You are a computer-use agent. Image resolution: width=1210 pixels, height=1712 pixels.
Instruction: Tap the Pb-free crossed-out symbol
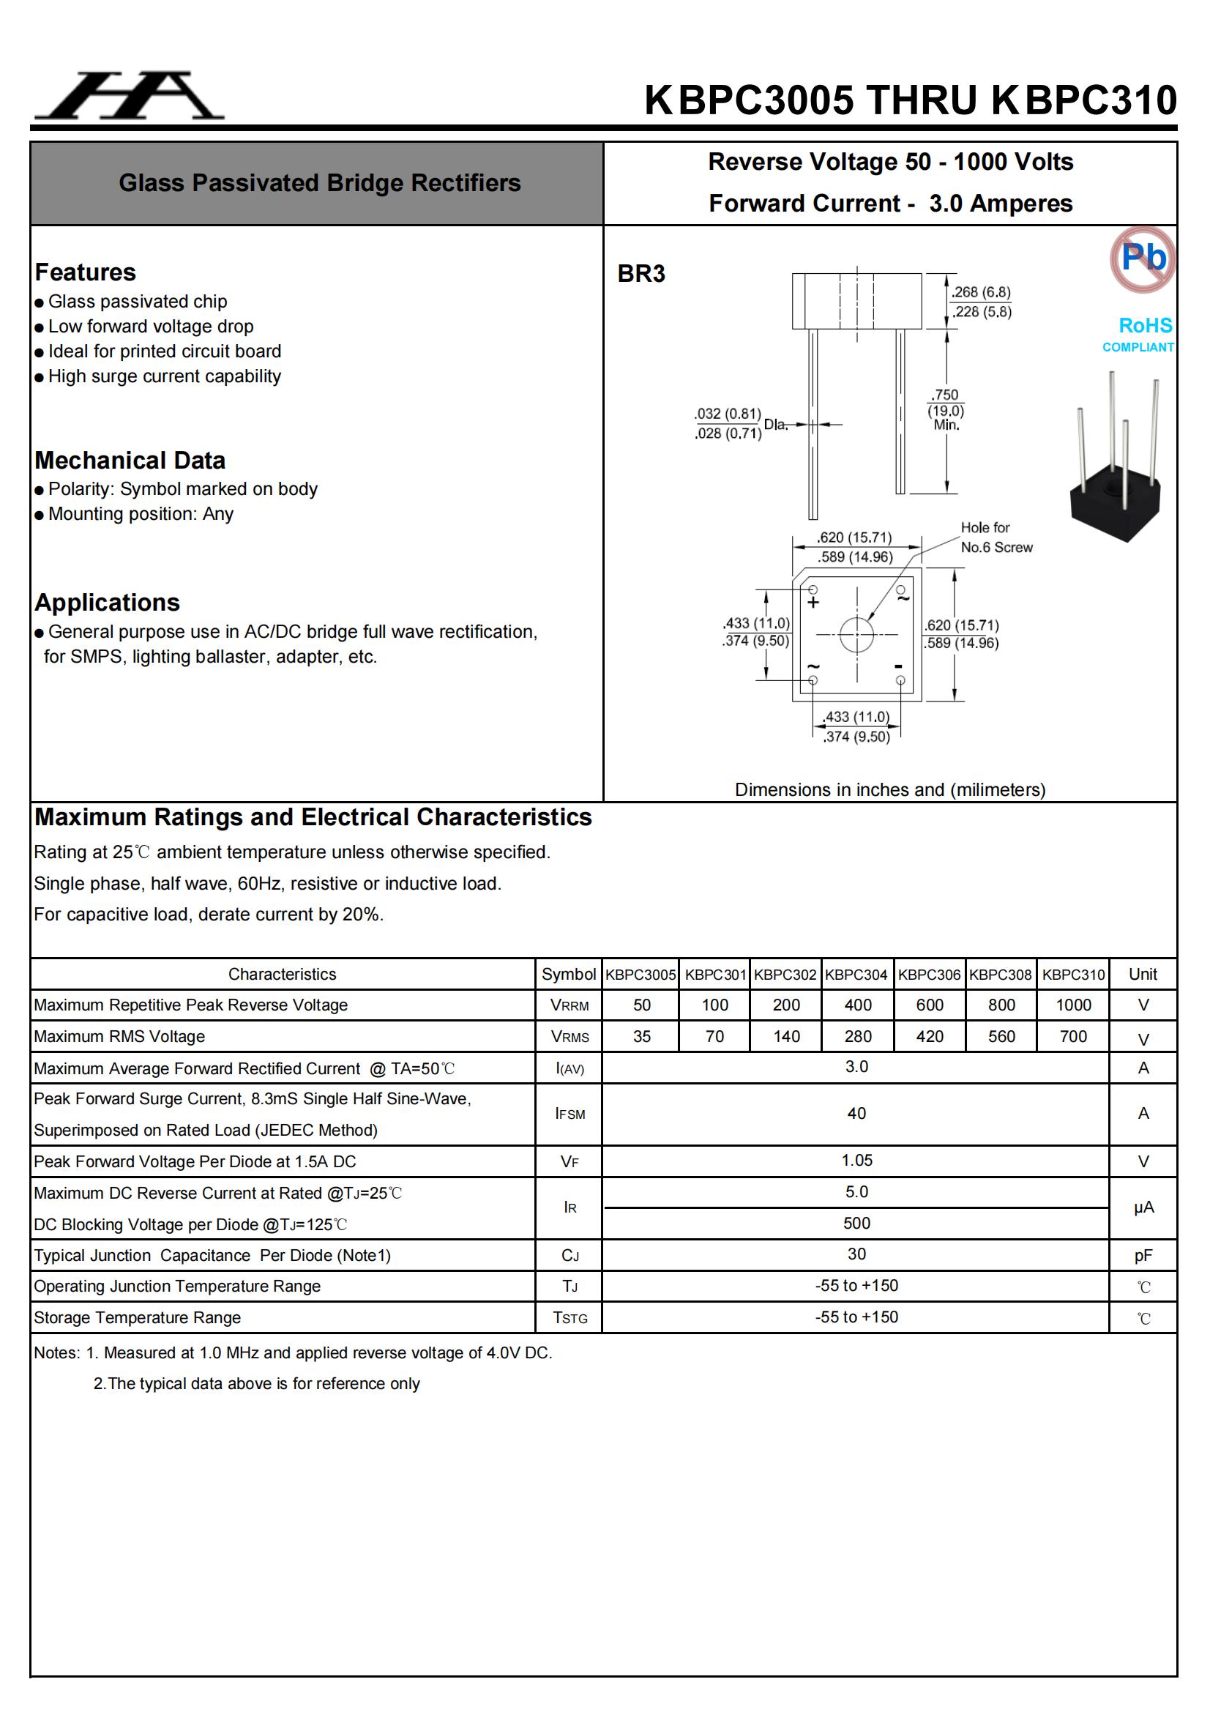coord(1142,258)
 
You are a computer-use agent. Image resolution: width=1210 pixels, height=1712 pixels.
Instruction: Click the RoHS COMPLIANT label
coord(1138,334)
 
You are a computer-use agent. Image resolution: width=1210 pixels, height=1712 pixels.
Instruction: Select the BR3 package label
coord(641,274)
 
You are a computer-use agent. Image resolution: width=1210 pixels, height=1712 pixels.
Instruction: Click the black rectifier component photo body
coord(1116,500)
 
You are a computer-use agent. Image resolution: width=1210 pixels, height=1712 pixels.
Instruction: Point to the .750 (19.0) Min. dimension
coord(945,409)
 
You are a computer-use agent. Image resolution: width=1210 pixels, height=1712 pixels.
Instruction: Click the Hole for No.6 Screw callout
coord(996,537)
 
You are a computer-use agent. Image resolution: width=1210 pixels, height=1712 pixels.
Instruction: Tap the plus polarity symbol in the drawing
coord(813,602)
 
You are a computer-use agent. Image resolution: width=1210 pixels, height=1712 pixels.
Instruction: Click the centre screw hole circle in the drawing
coord(856,635)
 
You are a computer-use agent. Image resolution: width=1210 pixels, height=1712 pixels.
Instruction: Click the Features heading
coord(86,272)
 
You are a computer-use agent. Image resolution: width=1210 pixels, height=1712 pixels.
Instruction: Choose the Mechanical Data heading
coord(130,460)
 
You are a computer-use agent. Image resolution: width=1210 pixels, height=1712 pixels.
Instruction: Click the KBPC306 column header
coord(929,974)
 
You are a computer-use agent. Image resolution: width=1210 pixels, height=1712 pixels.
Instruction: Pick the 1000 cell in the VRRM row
coord(1073,1005)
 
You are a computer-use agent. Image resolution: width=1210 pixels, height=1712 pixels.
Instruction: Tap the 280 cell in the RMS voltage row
coord(857,1036)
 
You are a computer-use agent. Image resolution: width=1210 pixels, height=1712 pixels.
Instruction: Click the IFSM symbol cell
coord(569,1114)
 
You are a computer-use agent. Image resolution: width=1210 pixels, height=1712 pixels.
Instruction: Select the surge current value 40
coord(856,1113)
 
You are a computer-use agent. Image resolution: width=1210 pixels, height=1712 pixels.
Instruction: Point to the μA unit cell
coord(1143,1207)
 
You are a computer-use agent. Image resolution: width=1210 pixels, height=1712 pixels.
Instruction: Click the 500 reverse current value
coord(856,1223)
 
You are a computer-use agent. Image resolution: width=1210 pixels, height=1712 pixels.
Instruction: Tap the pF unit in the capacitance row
coord(1143,1256)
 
